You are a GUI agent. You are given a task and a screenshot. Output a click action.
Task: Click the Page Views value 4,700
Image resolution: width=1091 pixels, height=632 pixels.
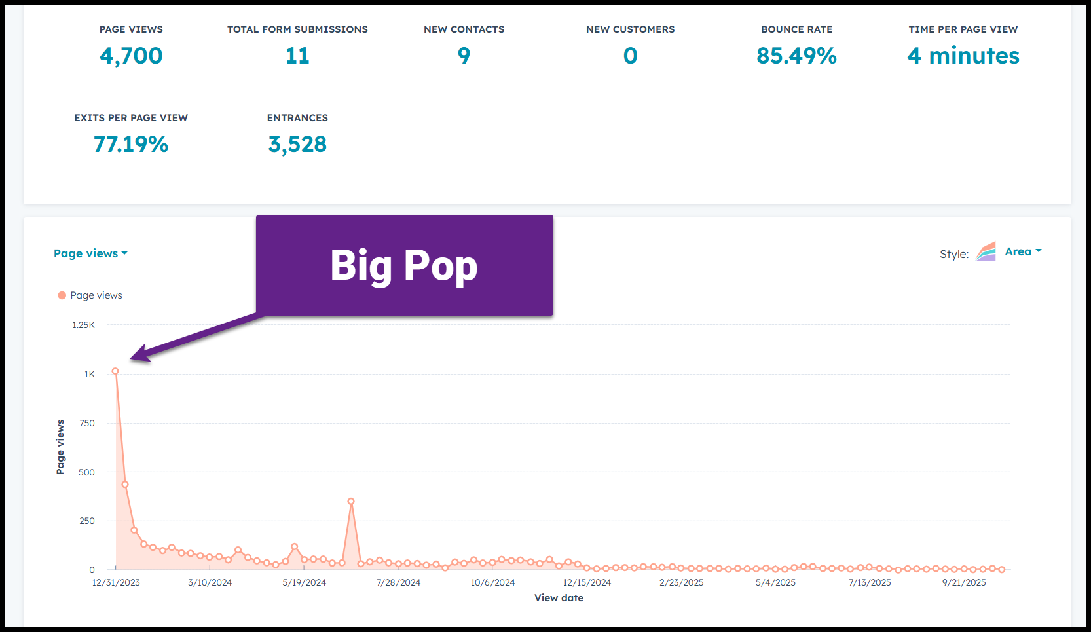(x=131, y=56)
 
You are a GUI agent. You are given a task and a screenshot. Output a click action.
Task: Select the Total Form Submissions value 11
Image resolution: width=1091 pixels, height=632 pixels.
(x=297, y=56)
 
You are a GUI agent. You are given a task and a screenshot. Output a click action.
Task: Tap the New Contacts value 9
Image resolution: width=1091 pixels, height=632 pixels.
(x=464, y=56)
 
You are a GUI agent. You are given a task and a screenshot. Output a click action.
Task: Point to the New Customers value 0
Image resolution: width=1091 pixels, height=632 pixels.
(x=630, y=56)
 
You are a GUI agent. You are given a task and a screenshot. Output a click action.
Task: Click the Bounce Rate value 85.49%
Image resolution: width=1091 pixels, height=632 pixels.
(x=796, y=56)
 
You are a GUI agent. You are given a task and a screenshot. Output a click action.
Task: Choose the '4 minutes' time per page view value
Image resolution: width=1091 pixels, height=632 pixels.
(x=963, y=56)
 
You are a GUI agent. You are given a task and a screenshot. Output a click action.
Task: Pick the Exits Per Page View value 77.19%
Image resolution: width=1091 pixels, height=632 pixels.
(x=131, y=145)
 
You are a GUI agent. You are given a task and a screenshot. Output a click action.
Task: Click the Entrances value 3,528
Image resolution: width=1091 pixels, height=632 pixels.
(x=297, y=145)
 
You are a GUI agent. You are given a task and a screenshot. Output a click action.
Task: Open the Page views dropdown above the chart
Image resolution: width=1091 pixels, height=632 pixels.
(x=90, y=253)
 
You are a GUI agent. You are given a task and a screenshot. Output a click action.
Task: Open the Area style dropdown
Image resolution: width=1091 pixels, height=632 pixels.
(x=1022, y=251)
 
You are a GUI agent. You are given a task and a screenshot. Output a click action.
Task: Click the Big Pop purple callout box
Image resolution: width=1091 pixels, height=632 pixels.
(x=404, y=265)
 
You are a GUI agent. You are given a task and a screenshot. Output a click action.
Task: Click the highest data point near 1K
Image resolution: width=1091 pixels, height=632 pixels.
(x=115, y=371)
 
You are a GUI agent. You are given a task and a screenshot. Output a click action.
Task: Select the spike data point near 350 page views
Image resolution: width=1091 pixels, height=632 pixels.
(x=351, y=502)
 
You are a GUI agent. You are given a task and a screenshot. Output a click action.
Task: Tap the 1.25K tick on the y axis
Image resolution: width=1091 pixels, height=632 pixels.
(x=83, y=325)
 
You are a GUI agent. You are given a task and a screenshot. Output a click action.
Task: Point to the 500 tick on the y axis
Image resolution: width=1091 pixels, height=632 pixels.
(x=86, y=472)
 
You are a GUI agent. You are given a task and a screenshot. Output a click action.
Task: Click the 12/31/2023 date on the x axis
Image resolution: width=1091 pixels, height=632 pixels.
(x=116, y=582)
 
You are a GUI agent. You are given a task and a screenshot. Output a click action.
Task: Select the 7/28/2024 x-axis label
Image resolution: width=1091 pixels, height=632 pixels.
(x=398, y=582)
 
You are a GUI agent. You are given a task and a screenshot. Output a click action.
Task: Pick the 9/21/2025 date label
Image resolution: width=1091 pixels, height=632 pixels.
(x=964, y=582)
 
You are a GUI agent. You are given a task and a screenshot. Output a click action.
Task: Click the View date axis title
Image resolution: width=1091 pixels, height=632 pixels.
(x=559, y=598)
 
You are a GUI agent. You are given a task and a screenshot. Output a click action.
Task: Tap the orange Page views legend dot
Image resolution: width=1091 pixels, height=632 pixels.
(x=62, y=295)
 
